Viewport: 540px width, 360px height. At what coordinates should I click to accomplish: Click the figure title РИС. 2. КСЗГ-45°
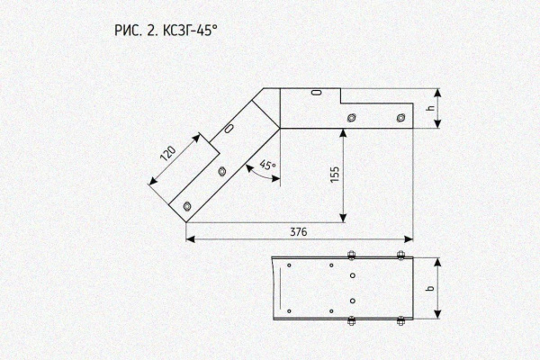pyautogui.click(x=166, y=31)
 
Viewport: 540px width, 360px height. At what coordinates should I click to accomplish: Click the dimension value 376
pyautogui.click(x=298, y=232)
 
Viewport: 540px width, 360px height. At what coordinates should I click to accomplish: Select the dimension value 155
pyautogui.click(x=335, y=175)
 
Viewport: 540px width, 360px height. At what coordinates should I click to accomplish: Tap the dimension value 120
pyautogui.click(x=168, y=154)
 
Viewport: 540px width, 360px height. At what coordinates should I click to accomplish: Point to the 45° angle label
pyautogui.click(x=267, y=165)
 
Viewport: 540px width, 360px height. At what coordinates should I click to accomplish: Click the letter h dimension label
pyautogui.click(x=430, y=108)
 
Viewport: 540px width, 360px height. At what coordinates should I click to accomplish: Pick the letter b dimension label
pyautogui.click(x=430, y=288)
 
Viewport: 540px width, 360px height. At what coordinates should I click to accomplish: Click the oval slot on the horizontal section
pyautogui.click(x=317, y=93)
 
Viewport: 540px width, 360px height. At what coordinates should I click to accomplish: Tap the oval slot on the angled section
pyautogui.click(x=229, y=128)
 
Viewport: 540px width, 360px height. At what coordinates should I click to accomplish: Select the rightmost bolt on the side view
pyautogui.click(x=400, y=118)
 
